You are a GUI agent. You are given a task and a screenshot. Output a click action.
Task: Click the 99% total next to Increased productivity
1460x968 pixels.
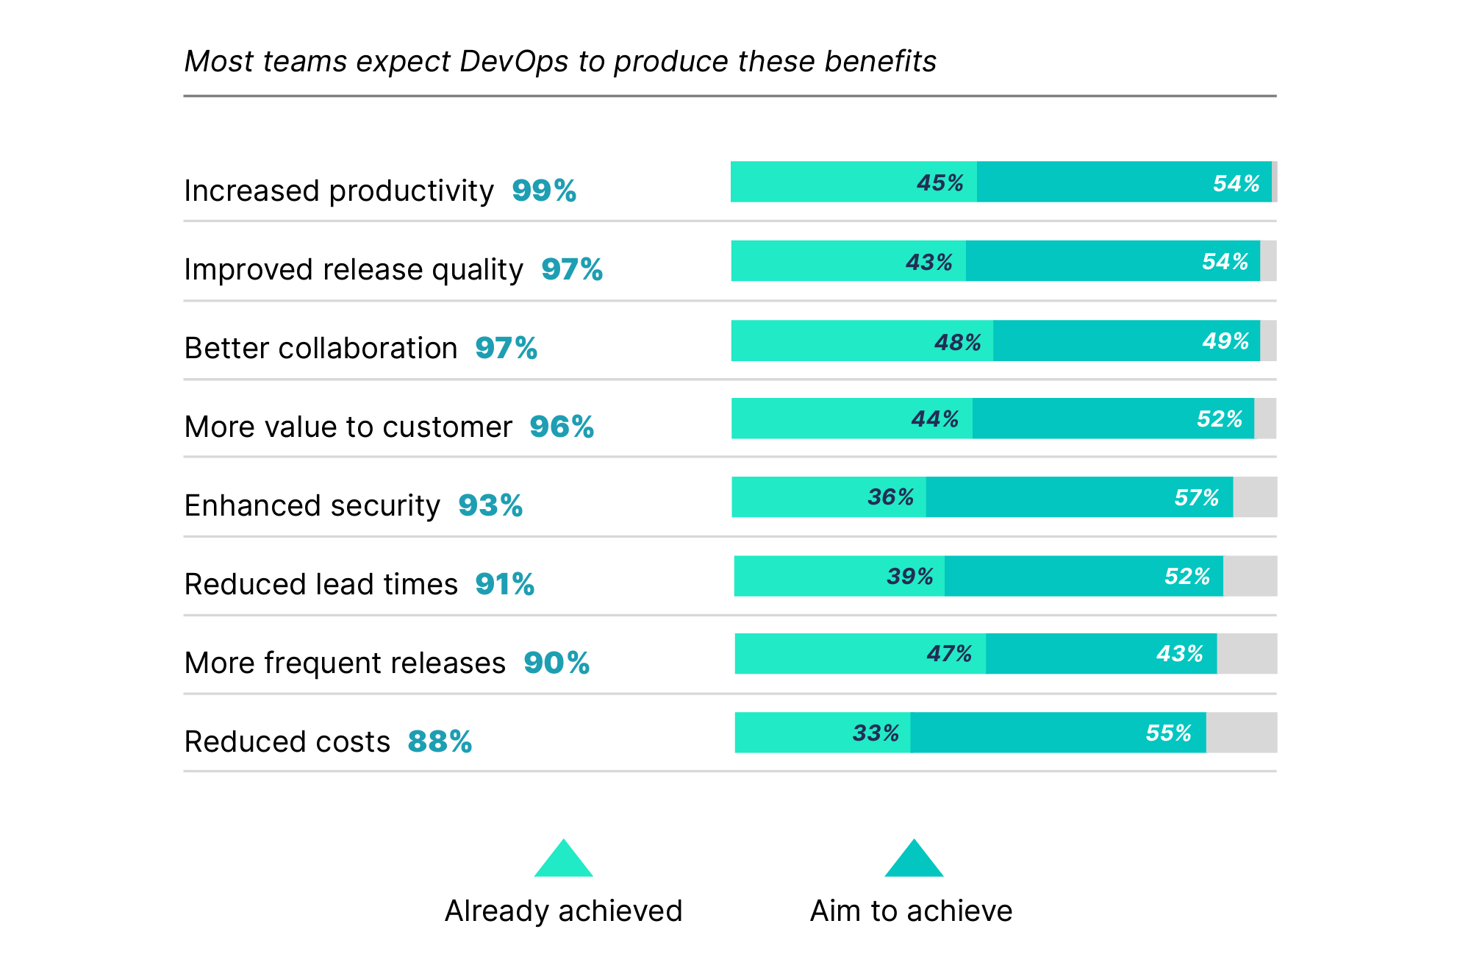[x=543, y=191]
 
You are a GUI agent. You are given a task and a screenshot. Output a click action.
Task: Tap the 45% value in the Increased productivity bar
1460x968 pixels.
[x=940, y=182]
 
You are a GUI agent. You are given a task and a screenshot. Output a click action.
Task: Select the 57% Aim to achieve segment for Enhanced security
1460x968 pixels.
[x=1079, y=497]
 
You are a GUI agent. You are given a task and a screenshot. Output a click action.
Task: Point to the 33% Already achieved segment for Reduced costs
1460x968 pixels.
[x=822, y=733]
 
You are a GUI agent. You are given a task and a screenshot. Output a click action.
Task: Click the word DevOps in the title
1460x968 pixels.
[x=514, y=62]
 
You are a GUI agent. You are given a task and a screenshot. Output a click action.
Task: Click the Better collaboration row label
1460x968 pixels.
[x=321, y=348]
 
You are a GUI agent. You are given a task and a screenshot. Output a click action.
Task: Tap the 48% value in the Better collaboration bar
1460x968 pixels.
[x=957, y=342]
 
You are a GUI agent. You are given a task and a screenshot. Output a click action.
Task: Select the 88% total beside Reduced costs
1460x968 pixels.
[x=440, y=741]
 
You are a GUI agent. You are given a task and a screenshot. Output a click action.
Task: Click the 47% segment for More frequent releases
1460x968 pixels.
[x=860, y=654]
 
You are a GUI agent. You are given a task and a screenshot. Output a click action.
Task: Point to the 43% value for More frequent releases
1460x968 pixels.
[x=1179, y=654]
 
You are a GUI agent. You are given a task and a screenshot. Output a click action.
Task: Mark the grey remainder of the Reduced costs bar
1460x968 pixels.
[x=1241, y=733]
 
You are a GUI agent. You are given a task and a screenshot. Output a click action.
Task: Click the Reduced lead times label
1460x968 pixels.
[x=321, y=584]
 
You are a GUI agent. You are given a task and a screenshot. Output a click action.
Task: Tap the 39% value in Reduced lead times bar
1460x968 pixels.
[x=909, y=576]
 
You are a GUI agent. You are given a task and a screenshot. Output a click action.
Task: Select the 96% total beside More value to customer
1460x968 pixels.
[x=562, y=427]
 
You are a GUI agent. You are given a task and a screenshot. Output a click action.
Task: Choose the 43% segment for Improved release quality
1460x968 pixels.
[x=848, y=261]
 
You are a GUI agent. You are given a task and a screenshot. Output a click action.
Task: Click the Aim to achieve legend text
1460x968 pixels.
[x=911, y=911]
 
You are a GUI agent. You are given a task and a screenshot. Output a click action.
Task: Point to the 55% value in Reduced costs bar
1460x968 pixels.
[x=1168, y=733]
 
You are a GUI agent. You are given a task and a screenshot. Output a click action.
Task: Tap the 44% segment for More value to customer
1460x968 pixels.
[x=851, y=419]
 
